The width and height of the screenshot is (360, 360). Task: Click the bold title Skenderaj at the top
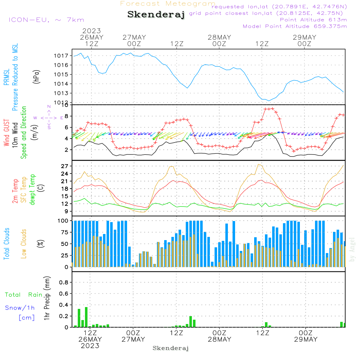point(156,15)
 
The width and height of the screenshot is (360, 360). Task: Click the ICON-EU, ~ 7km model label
point(46,20)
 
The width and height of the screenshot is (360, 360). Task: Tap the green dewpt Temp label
point(33,190)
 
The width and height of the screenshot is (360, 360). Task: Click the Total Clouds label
point(7,244)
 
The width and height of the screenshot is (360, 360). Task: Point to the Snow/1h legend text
point(20,308)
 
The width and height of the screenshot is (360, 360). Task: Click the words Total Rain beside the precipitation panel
point(24,295)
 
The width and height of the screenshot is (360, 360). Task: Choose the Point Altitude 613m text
point(313,20)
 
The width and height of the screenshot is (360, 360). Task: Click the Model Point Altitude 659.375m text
point(295,26)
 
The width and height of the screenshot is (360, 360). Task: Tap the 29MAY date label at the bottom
point(305,339)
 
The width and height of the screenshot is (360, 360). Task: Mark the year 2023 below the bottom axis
point(90,346)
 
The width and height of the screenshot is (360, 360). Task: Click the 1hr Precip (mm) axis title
point(46,298)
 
